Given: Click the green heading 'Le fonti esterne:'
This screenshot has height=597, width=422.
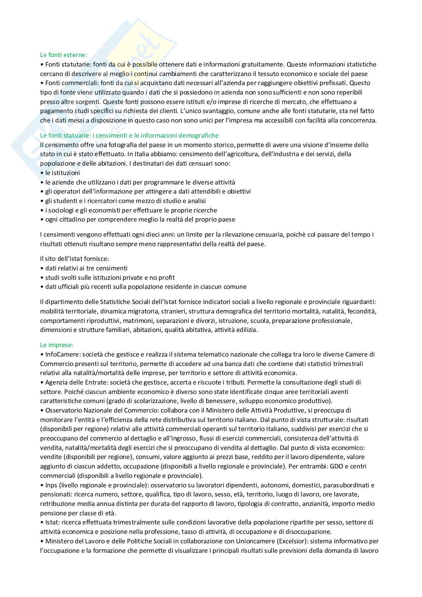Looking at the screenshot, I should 64,55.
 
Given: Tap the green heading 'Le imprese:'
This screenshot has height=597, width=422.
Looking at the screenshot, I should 57,345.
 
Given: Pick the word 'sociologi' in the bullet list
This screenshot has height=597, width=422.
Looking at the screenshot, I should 58,210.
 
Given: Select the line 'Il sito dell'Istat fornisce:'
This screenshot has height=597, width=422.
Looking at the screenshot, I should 74,259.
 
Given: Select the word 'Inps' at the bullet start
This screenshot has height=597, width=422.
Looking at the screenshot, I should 51,485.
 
